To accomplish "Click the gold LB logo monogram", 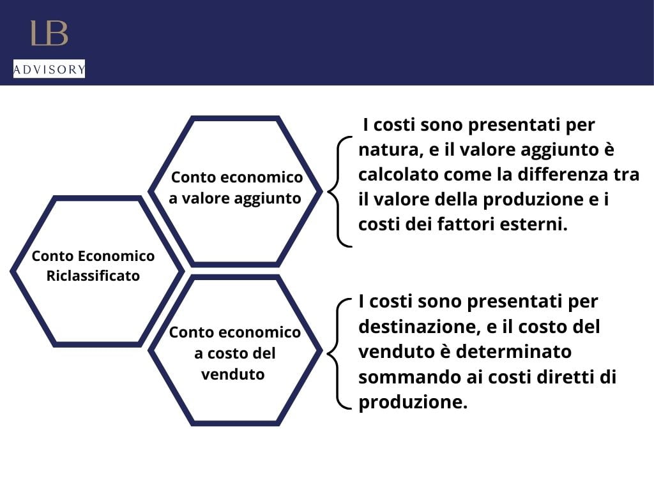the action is click(x=49, y=33).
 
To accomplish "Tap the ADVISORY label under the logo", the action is click(x=49, y=69).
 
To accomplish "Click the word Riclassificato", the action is click(x=93, y=276).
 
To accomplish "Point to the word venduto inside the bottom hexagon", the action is click(x=232, y=374).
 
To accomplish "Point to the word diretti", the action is click(x=565, y=377).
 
